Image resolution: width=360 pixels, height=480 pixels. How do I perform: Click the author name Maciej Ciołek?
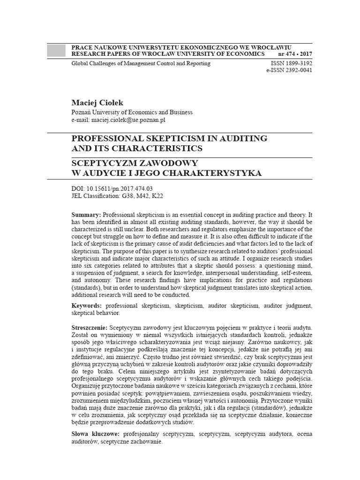97,102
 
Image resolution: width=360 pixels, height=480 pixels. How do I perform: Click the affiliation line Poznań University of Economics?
132,112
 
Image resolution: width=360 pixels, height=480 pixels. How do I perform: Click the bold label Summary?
86,214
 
